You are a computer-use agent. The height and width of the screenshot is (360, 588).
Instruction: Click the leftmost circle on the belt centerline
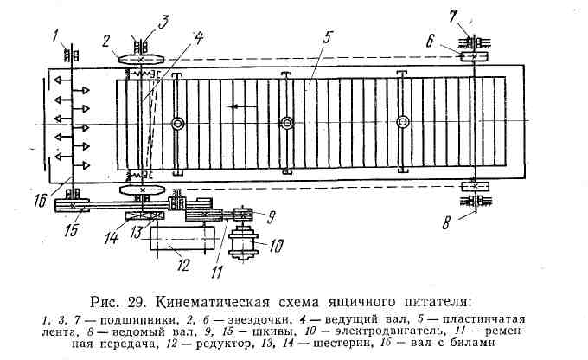[x=177, y=125]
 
